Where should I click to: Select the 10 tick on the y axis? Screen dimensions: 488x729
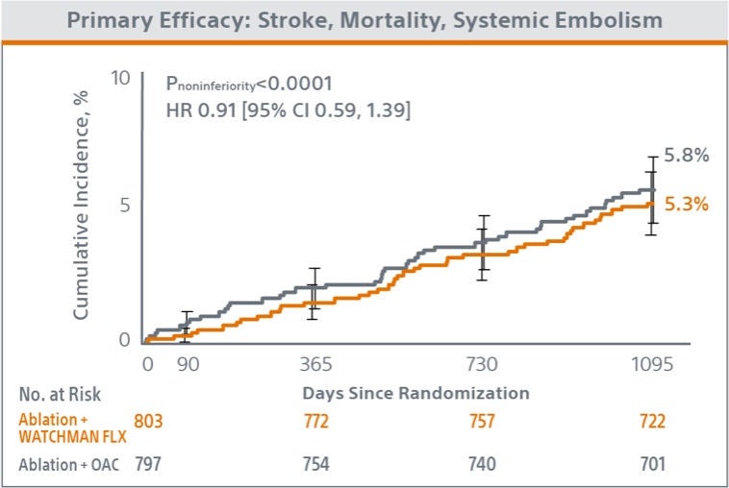tap(119, 78)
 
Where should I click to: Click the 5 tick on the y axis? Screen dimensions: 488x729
tap(125, 205)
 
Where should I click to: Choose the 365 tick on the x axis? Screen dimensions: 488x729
tap(316, 364)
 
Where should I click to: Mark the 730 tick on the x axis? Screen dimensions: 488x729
tap(481, 364)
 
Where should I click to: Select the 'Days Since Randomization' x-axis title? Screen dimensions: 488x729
tap(415, 393)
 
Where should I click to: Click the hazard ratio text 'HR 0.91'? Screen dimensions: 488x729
tap(193, 111)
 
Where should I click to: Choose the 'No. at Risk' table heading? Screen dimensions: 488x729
tap(60, 394)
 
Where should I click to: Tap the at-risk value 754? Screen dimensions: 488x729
tap(315, 464)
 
